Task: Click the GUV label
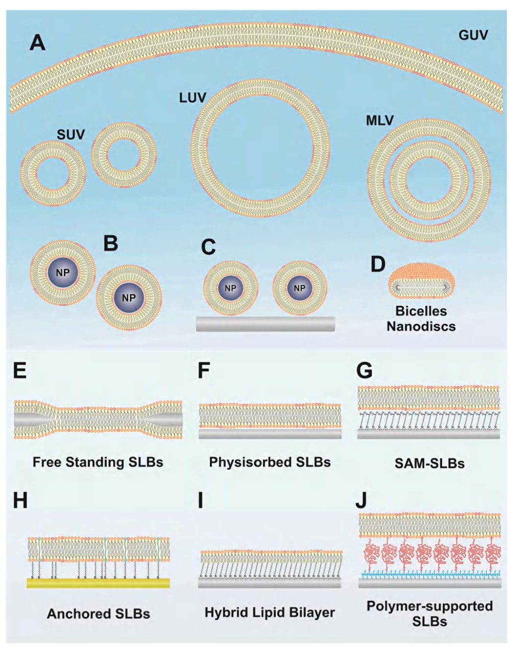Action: coord(473,35)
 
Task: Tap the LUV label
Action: coord(192,98)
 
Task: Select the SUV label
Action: coord(71,135)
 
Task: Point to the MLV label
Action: coord(379,120)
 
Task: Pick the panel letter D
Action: coord(377,264)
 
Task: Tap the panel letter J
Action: coord(361,501)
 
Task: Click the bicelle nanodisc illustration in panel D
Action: coord(422,281)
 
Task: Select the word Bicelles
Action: coord(421,311)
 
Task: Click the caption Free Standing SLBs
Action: coord(98,463)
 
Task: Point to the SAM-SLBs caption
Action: coord(429,464)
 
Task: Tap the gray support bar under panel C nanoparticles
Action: coord(265,324)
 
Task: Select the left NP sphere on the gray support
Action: coord(230,288)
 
